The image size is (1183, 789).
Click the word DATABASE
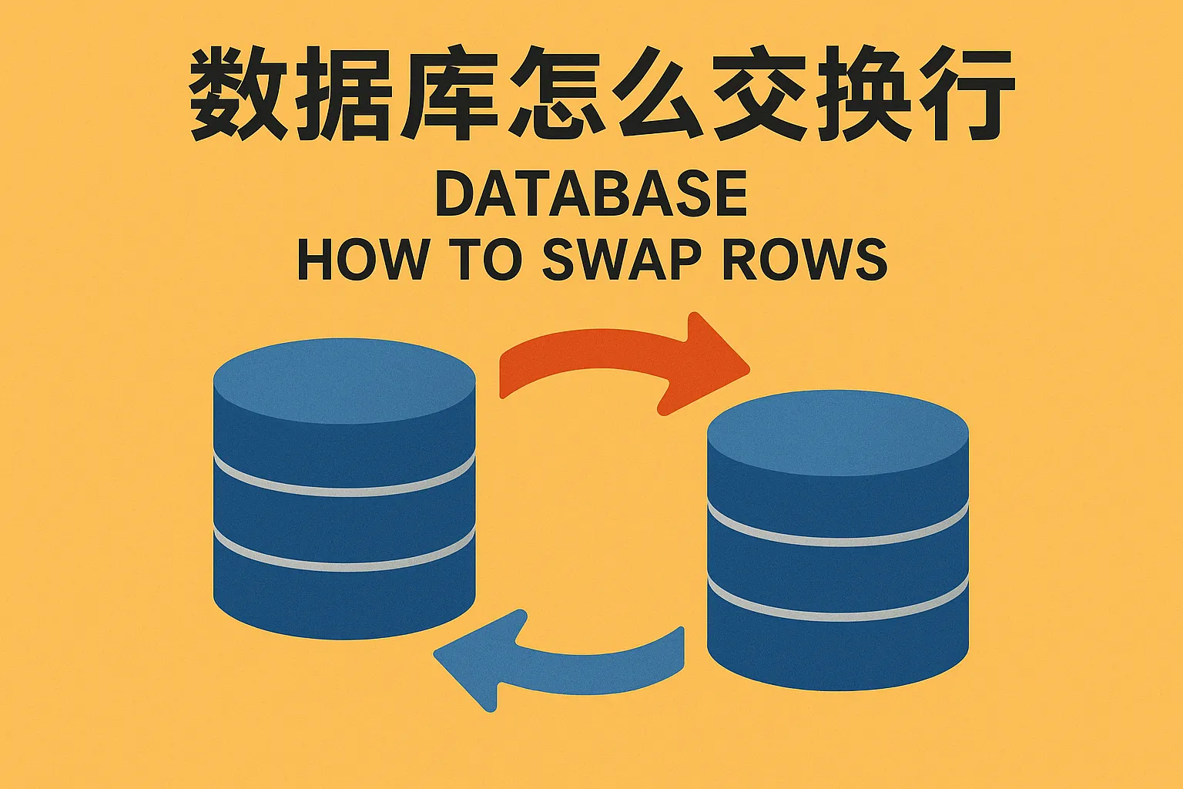click(591, 194)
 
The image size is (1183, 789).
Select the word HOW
click(364, 259)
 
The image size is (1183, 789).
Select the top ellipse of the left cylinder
click(344, 381)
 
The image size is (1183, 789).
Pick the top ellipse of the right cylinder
click(838, 433)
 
